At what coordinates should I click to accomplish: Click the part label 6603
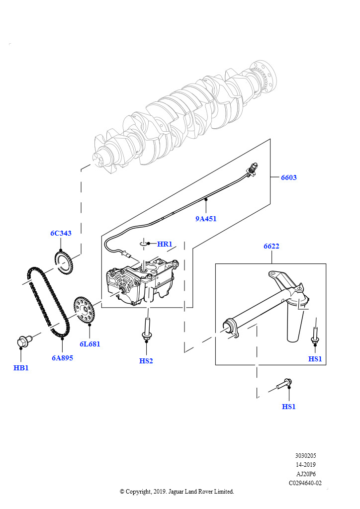[x=288, y=177]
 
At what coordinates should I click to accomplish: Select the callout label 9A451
[x=205, y=218]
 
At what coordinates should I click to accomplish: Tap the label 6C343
[x=61, y=233]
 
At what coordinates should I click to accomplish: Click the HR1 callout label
[x=165, y=244]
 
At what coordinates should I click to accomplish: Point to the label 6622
[x=271, y=246]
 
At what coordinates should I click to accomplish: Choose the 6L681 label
[x=90, y=343]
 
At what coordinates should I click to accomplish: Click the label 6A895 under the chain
[x=62, y=357]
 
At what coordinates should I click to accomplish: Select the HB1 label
[x=21, y=368]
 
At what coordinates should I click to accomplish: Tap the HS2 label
[x=146, y=361]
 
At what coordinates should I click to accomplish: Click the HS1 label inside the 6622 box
[x=315, y=359]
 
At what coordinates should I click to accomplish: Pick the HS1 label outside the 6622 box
[x=289, y=407]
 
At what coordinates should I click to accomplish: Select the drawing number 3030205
[x=305, y=455]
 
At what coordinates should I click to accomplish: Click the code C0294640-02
[x=305, y=483]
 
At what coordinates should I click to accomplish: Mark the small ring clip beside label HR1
[x=144, y=243]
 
